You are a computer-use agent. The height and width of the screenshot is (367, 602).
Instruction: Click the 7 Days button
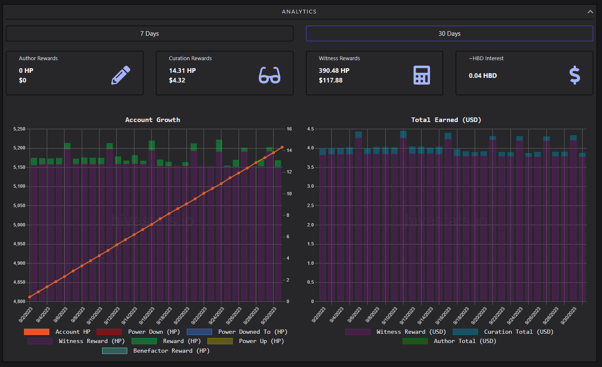pos(149,34)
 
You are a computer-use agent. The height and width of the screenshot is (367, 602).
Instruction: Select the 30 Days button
pos(449,34)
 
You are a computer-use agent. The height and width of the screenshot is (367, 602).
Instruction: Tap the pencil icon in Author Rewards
pos(121,75)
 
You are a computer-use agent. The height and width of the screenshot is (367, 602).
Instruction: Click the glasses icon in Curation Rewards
pos(269,75)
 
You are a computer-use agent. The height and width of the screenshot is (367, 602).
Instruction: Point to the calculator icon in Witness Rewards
pos(422,75)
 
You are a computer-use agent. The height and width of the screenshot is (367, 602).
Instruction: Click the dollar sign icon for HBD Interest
pos(575,75)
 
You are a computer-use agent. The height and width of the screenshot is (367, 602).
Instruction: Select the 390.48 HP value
pos(334,71)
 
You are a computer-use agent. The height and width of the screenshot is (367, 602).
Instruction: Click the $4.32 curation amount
pos(177,80)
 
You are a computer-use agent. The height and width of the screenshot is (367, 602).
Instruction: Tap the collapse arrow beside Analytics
pos(590,11)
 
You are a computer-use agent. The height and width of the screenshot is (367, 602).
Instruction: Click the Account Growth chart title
pos(153,120)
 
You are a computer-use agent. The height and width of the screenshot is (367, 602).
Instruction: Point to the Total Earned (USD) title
pos(446,120)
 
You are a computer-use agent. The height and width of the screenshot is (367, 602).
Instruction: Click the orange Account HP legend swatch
pos(37,332)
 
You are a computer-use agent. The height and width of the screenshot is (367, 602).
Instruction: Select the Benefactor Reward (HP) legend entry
pos(156,351)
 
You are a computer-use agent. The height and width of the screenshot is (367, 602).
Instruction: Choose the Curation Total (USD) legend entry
pos(503,332)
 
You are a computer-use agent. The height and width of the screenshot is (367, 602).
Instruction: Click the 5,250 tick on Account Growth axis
pos(19,129)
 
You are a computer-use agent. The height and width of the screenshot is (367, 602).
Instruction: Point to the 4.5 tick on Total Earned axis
pos(311,129)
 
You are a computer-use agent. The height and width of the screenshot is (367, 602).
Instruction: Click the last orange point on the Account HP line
pos(282,147)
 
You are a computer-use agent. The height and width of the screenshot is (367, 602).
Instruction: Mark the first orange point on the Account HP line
pos(30,297)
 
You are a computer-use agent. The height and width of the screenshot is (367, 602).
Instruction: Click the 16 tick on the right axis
pos(289,129)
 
